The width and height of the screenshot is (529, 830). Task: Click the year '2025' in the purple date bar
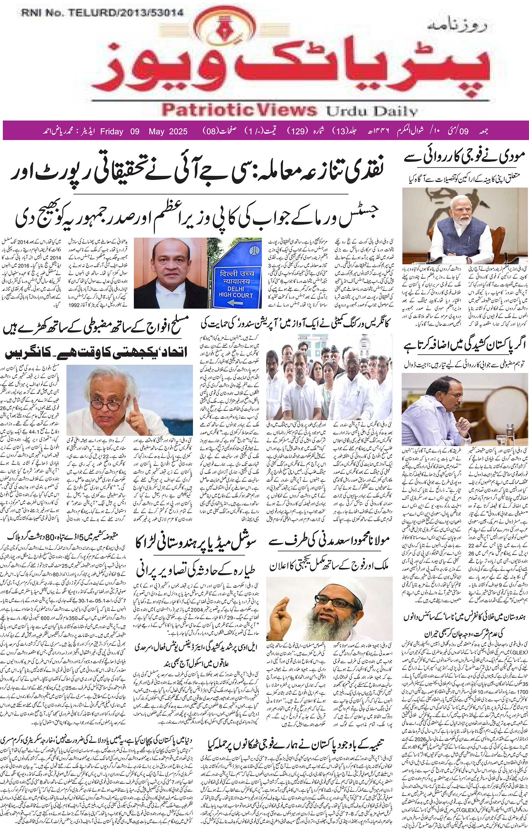tap(176, 131)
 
